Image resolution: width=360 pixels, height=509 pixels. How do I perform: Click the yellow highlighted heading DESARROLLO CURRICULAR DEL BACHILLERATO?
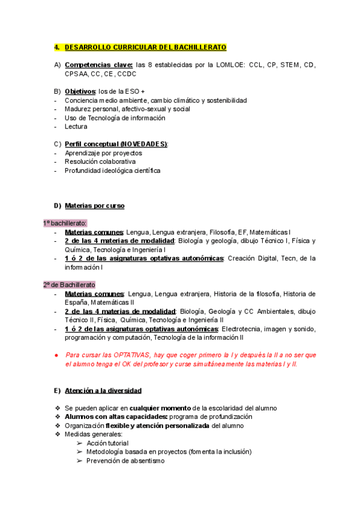(x=145, y=47)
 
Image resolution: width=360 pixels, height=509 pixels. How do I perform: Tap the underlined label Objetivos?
(x=80, y=91)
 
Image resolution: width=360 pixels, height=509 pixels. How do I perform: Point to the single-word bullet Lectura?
(x=76, y=127)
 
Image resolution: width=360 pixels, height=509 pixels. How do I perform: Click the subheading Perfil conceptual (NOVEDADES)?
(x=116, y=144)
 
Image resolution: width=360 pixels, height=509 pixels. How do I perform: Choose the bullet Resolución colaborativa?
(x=100, y=161)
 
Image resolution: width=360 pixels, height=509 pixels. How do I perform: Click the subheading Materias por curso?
(x=94, y=206)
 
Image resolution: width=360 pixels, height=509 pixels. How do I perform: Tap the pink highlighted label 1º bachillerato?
(x=65, y=223)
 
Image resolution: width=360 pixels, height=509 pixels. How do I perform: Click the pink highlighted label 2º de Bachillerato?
(x=69, y=285)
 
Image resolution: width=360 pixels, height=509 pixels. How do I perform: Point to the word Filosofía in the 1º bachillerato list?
(x=221, y=232)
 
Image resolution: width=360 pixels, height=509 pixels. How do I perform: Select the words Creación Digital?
(x=254, y=258)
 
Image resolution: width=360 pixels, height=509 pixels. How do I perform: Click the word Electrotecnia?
(x=243, y=329)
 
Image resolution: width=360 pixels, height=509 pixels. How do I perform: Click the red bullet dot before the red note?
(x=56, y=355)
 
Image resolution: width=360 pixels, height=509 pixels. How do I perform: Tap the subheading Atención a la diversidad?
(x=103, y=391)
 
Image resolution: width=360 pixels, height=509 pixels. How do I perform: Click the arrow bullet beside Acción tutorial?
(x=80, y=443)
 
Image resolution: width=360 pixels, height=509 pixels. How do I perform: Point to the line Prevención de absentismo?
(x=125, y=460)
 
